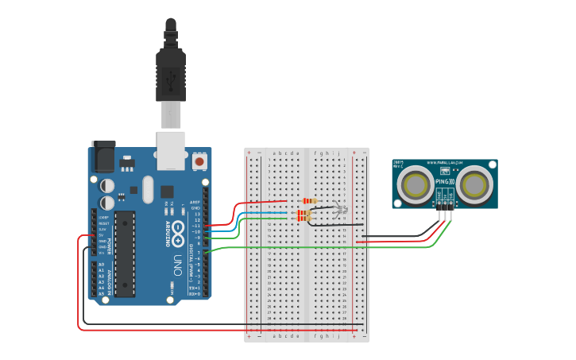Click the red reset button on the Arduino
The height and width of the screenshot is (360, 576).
pos(199,161)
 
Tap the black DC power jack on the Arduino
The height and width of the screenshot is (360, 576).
pos(103,157)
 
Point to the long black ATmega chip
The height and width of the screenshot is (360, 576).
pos(124,254)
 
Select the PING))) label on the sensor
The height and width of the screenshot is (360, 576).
pos(444,184)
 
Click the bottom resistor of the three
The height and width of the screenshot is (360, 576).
pos(303,218)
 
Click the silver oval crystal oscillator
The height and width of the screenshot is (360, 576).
pos(148,189)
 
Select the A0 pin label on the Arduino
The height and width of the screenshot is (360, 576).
pos(101,264)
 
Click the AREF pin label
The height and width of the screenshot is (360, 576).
pos(195,202)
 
